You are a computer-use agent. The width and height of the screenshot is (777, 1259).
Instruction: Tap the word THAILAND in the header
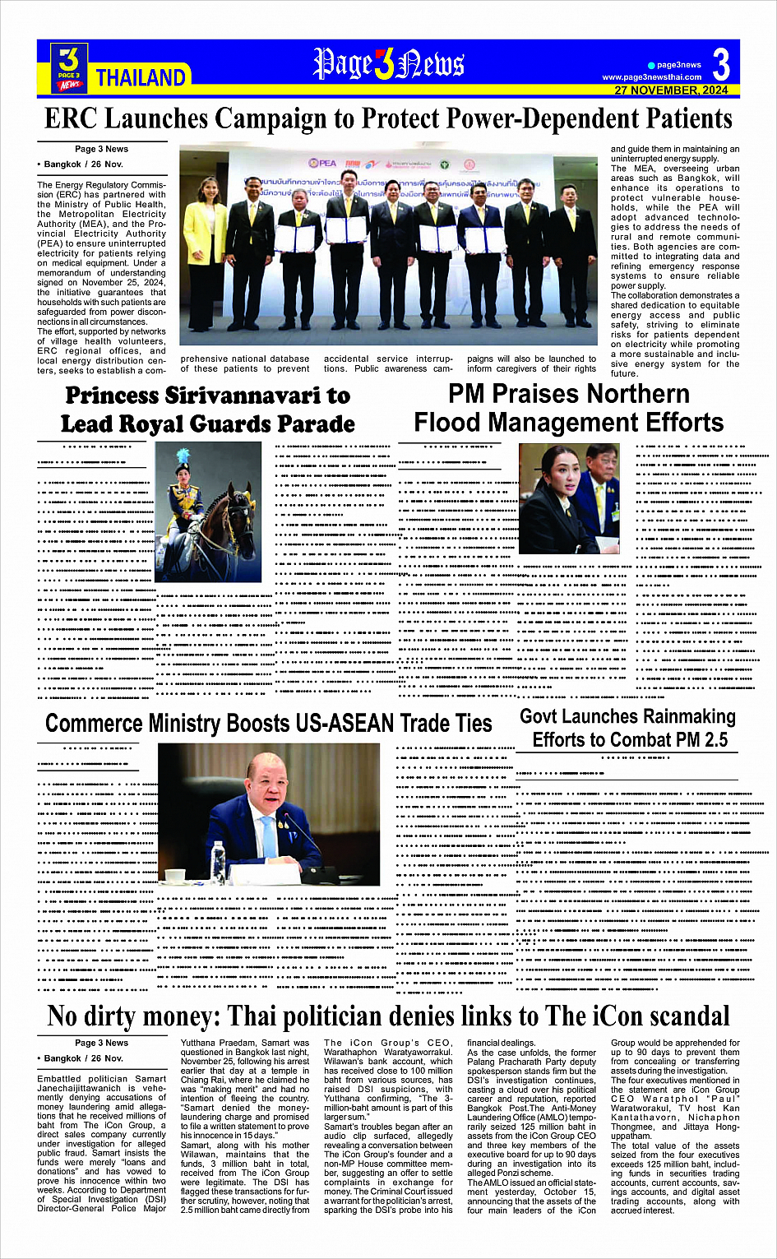(x=141, y=78)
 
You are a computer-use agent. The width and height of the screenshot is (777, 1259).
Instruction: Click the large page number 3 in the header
(x=721, y=64)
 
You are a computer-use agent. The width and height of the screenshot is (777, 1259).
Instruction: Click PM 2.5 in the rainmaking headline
(x=701, y=740)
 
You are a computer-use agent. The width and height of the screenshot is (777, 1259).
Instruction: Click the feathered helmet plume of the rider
(x=182, y=455)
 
